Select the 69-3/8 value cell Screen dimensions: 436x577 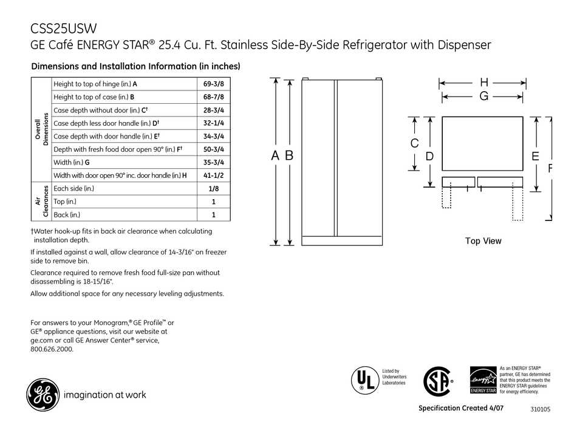point(213,83)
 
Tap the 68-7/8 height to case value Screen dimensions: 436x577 point(213,97)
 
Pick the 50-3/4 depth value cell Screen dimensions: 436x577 point(213,149)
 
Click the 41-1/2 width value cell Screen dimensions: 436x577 point(213,175)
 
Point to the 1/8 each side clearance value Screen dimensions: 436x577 point(213,189)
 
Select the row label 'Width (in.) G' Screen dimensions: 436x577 point(72,162)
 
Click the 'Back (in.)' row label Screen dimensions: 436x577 point(67,214)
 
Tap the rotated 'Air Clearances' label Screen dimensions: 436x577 point(41,202)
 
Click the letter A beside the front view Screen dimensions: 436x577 point(275,156)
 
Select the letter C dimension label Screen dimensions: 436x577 point(414,144)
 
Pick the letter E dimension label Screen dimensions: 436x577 point(535,157)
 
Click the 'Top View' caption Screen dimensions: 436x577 point(483,241)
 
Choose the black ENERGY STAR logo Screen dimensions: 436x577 point(483,381)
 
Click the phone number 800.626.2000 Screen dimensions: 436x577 point(52,349)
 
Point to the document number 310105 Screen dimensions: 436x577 point(539,410)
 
